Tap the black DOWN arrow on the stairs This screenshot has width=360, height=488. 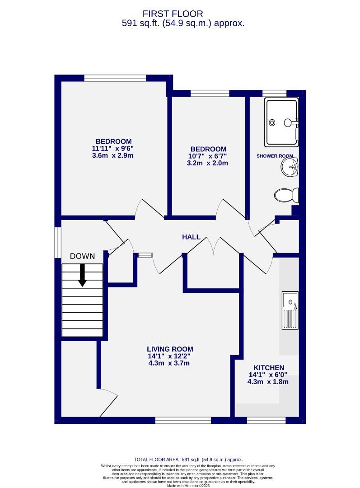(x=82, y=275)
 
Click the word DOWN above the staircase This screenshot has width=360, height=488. (x=82, y=256)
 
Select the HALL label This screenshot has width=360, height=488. (x=191, y=237)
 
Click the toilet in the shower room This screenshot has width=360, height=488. (x=286, y=195)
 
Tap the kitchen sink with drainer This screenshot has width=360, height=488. (x=290, y=310)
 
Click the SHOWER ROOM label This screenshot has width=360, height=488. (x=275, y=156)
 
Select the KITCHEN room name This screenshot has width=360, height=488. (x=268, y=368)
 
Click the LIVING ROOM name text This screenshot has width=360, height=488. (x=170, y=349)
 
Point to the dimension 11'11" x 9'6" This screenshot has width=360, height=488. (x=113, y=148)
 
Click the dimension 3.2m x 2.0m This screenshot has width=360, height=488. (x=208, y=163)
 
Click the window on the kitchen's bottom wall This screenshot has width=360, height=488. (x=266, y=420)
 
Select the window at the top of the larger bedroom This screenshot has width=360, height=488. (x=115, y=78)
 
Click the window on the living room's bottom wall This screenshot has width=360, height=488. (x=183, y=420)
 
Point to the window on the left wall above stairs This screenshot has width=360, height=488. (x=58, y=242)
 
